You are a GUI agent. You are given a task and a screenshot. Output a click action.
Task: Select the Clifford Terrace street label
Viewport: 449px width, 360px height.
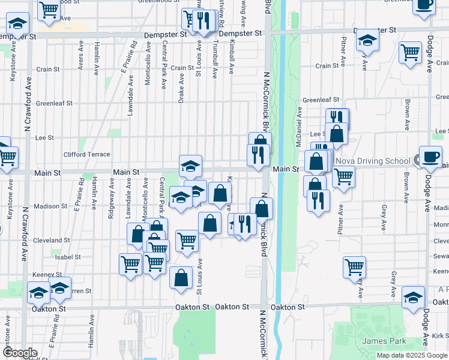tap(91, 154)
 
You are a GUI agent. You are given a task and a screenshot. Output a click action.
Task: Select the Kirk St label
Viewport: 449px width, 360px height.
tap(440, 335)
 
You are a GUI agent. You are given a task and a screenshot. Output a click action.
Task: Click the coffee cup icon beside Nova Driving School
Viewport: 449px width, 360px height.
tap(430, 157)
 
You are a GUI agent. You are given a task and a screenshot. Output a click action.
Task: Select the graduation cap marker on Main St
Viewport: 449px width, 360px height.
tap(190, 166)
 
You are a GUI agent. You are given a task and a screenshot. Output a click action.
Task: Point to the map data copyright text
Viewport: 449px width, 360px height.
tap(412, 355)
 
